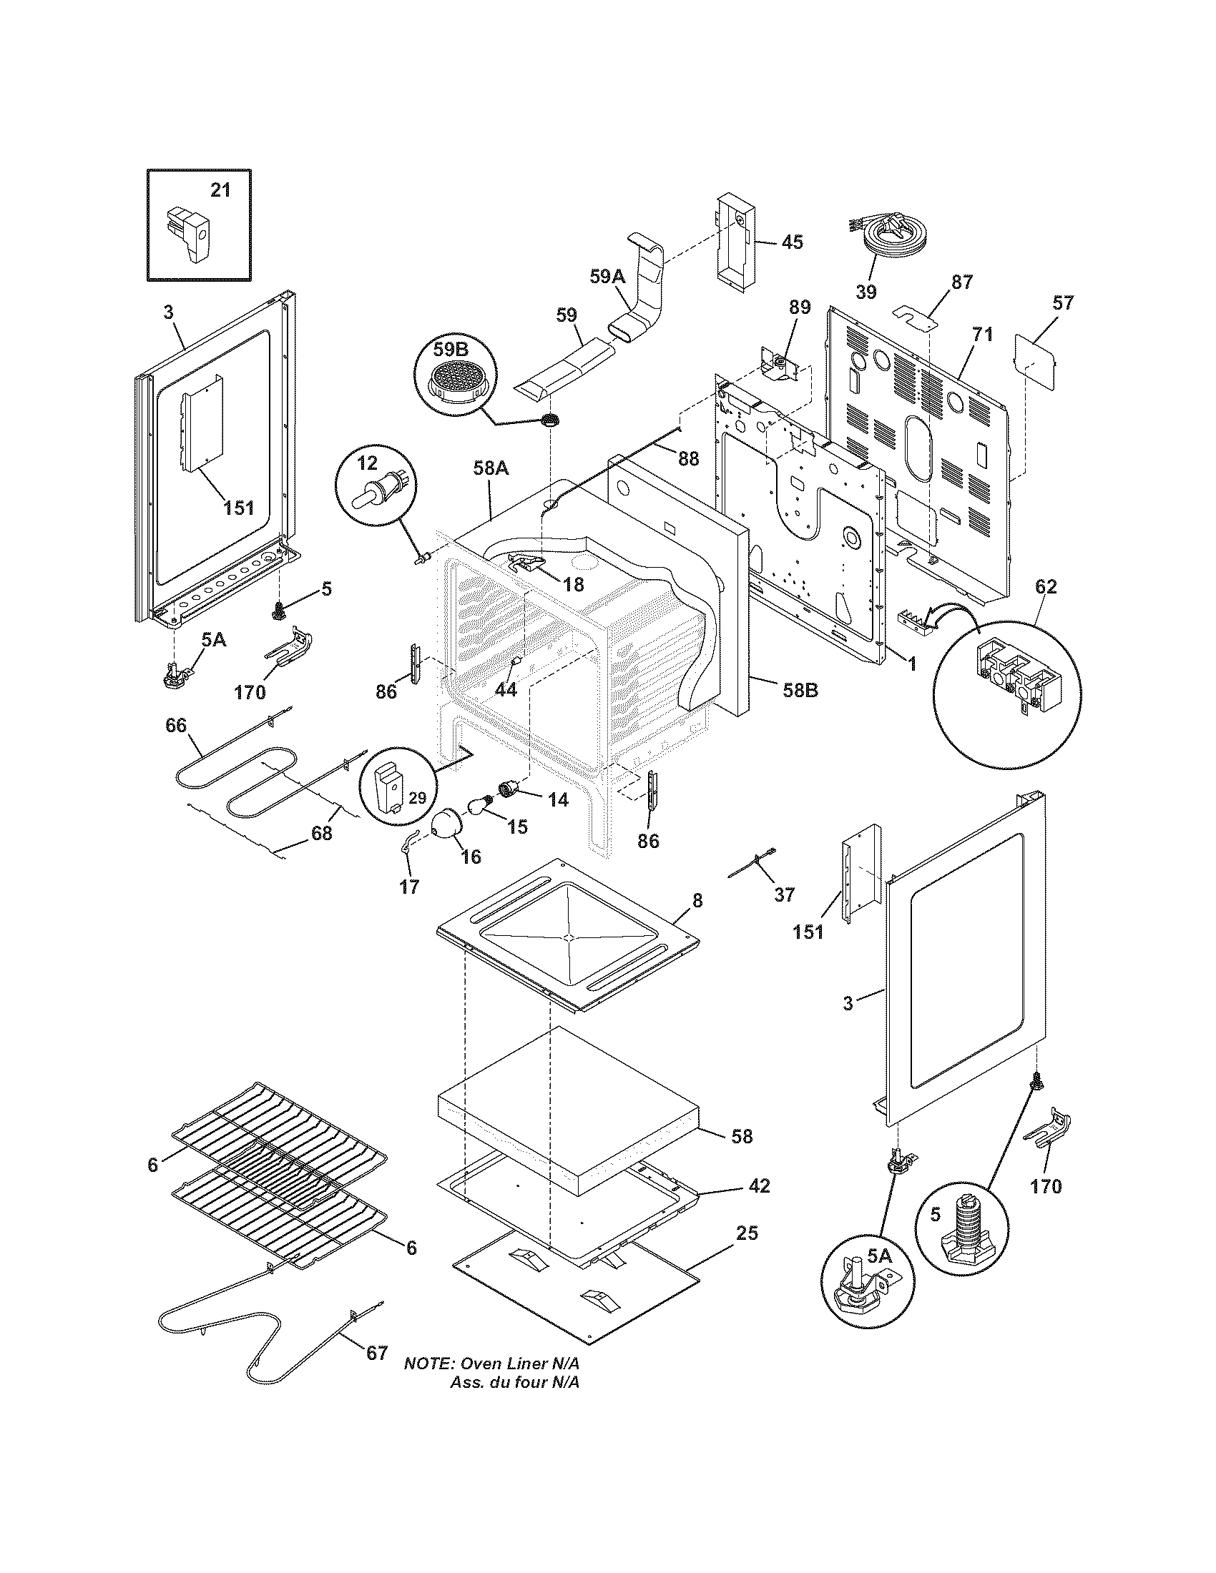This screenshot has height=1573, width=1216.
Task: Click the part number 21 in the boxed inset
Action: point(220,190)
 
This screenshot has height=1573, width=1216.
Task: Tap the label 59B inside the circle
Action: point(451,350)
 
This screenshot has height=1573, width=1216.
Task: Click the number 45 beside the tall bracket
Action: point(792,242)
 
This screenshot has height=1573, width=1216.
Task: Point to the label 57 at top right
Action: point(1062,303)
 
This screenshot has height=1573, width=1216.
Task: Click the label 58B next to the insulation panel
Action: point(800,689)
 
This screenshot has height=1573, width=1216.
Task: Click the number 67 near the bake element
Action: point(377,1353)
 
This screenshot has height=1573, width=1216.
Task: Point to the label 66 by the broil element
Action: point(176,725)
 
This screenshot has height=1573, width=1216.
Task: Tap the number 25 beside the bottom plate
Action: point(747,1233)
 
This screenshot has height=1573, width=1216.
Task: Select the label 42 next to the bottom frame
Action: point(758,1185)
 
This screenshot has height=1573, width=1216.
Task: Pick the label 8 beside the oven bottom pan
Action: point(697,900)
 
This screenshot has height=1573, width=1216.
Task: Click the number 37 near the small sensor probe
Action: point(784,894)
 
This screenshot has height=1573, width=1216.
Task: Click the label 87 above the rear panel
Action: point(961,282)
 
